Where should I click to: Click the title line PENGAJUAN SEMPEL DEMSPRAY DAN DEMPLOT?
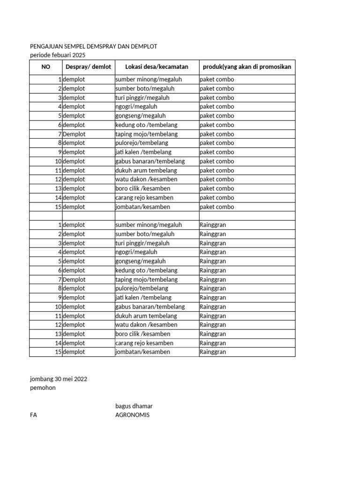pos(93,46)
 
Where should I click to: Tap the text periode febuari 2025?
pos(58,55)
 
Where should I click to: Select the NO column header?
pos(45,67)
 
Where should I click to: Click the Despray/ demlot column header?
pos(88,67)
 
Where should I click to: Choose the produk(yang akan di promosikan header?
pos(247,67)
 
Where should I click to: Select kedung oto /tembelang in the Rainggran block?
pos(146,270)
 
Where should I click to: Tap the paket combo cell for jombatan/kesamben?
pos(217,207)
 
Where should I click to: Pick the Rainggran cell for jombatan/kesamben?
pos(213,352)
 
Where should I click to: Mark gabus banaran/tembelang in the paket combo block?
pos(150,161)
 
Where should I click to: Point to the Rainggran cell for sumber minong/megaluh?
pos(213,225)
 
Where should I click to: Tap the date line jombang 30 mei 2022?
pos(58,379)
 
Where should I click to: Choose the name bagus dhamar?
pos(134,406)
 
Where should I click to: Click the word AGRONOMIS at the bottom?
pos(133,415)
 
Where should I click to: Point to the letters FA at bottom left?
pos(33,415)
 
